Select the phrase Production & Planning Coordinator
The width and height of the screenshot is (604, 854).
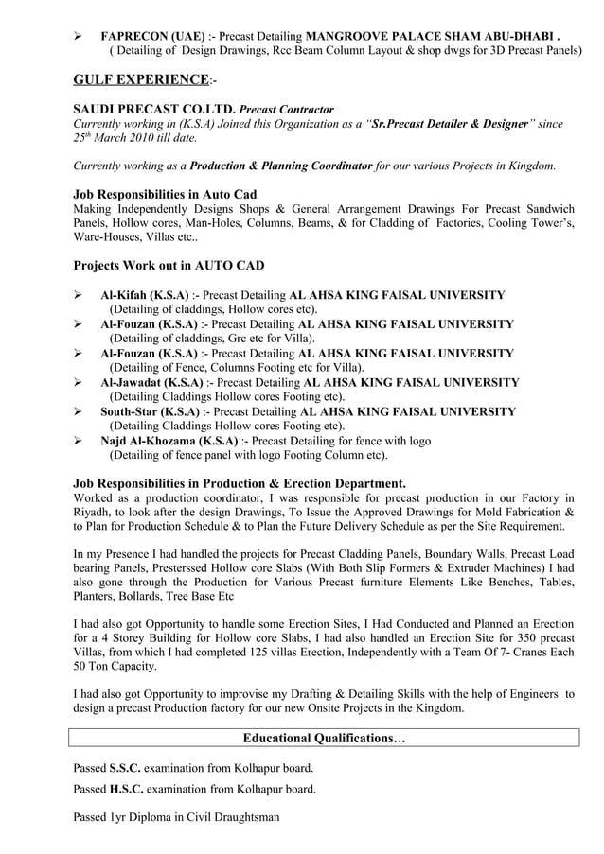[x=281, y=166]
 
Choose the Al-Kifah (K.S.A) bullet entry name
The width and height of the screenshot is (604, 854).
[x=144, y=294]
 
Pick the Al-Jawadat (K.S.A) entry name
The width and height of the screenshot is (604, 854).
[x=151, y=382]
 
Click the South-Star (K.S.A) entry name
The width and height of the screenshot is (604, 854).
[x=150, y=411]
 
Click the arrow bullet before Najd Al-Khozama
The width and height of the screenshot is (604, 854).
[x=80, y=441]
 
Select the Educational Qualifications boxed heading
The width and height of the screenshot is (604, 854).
[x=325, y=738]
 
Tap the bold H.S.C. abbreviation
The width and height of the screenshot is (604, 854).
[x=126, y=789]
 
